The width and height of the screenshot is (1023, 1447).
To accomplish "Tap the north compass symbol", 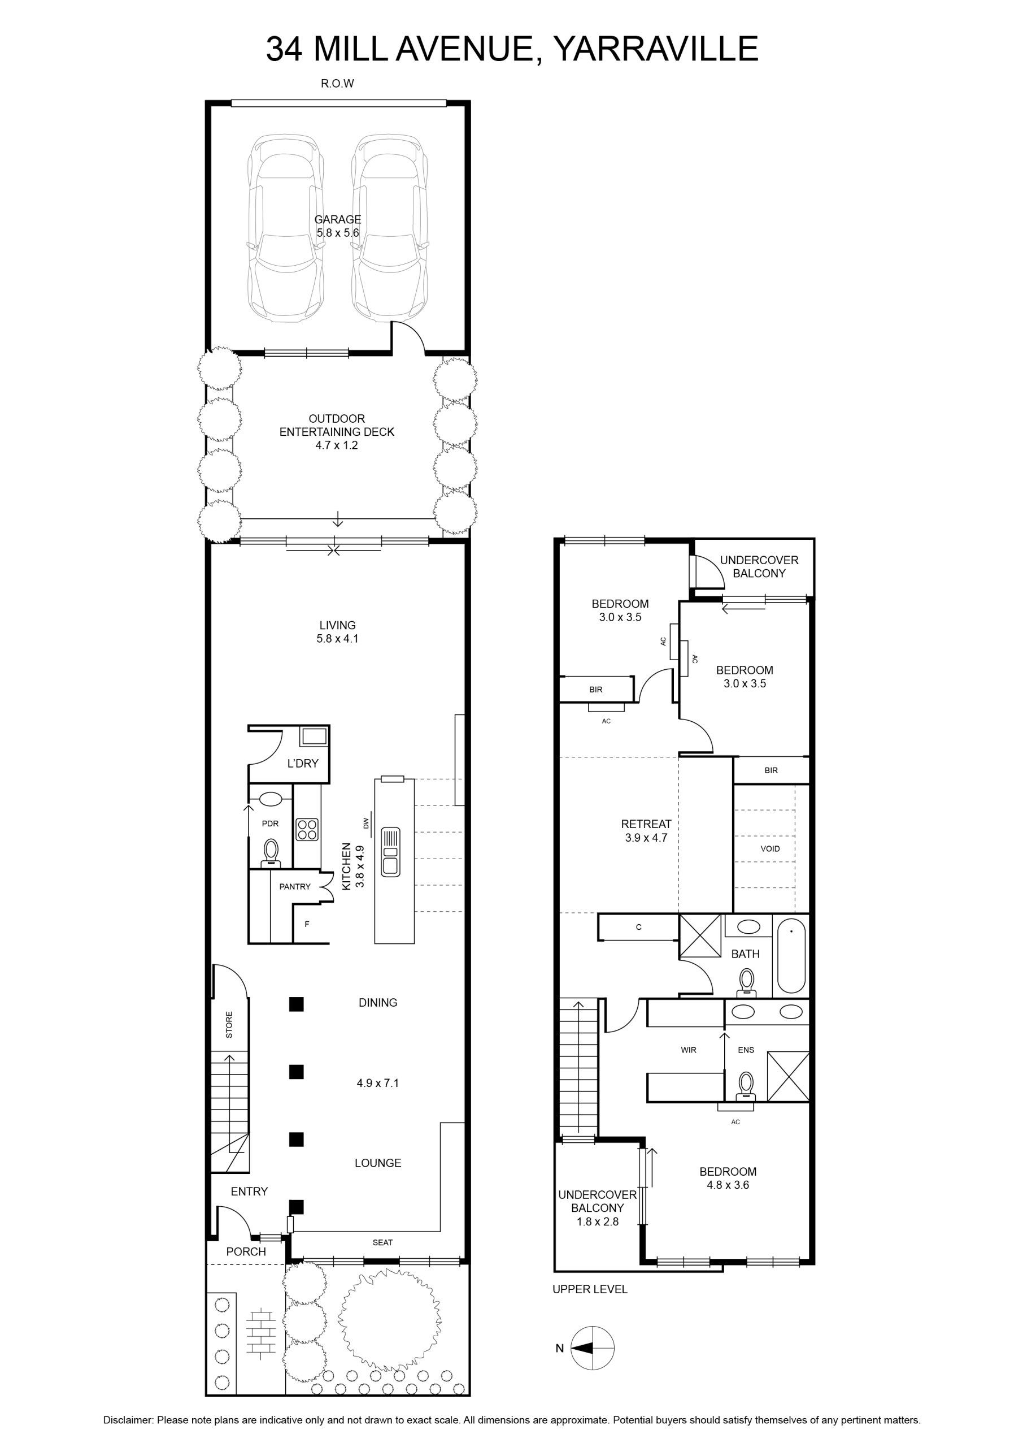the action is tap(592, 1348).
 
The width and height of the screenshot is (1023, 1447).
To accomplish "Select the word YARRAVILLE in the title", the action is tap(655, 49).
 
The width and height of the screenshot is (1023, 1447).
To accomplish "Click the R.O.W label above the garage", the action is tap(338, 83).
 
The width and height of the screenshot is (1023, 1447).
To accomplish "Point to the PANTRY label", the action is tap(295, 886).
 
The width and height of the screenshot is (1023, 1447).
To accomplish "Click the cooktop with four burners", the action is tap(307, 829).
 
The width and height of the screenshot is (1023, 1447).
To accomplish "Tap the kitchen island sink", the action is tap(390, 851).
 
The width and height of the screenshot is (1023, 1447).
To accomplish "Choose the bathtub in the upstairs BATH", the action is tap(791, 956).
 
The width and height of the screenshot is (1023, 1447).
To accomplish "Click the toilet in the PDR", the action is tap(271, 851).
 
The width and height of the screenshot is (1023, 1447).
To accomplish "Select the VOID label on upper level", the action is tap(770, 848).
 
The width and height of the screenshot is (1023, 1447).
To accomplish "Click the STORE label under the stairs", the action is tap(229, 1025).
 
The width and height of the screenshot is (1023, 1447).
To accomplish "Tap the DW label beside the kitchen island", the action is tap(365, 822).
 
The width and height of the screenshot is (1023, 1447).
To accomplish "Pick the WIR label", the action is tap(689, 1050).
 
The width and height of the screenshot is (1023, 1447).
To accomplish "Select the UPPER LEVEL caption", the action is tap(590, 1289).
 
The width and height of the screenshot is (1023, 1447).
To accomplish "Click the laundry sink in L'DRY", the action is tap(314, 735).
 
